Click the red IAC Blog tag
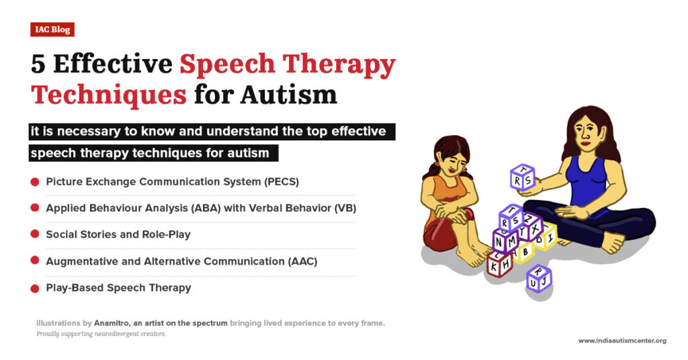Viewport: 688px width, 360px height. click(52, 30)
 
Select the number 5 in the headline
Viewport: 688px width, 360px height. click(38, 64)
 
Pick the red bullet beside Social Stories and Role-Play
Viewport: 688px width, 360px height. click(34, 234)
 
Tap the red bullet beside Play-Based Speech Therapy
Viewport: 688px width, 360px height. click(34, 288)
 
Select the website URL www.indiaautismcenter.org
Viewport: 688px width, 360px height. click(622, 341)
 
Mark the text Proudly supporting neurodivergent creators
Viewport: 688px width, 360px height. click(101, 334)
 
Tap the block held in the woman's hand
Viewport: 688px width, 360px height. click(522, 179)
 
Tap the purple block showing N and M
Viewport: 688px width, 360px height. click(505, 240)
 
